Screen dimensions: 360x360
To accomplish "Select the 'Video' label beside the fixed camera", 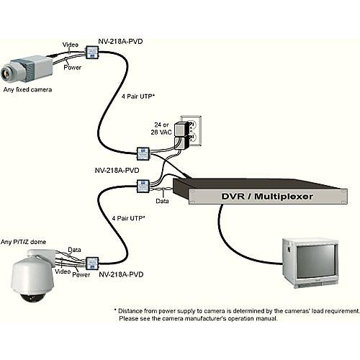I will tap(71, 45).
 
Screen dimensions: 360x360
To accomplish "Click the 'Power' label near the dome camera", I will tap(81, 274).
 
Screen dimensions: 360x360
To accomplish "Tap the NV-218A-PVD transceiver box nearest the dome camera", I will tap(92, 262).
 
